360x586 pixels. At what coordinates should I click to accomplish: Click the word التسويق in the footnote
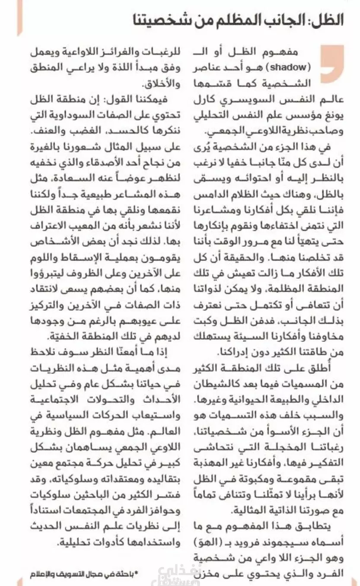click(x=64, y=574)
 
